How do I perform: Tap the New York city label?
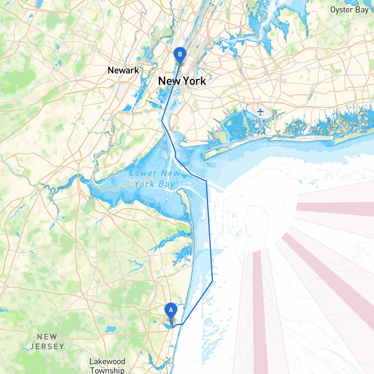(x=182, y=81)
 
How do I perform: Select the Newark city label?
(x=123, y=70)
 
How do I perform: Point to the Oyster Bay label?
(x=349, y=10)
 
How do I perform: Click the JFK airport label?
(x=260, y=121)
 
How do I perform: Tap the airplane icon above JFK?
(x=260, y=112)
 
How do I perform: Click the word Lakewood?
(x=107, y=361)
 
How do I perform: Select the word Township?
(x=107, y=370)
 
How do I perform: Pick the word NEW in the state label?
(x=47, y=337)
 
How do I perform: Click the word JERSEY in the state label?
(x=47, y=347)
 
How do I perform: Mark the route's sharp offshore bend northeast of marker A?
(x=212, y=281)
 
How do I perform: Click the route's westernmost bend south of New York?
(x=162, y=120)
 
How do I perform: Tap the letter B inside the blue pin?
(x=180, y=54)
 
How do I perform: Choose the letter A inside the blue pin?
(x=171, y=310)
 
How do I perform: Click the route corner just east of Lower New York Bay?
(x=206, y=181)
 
